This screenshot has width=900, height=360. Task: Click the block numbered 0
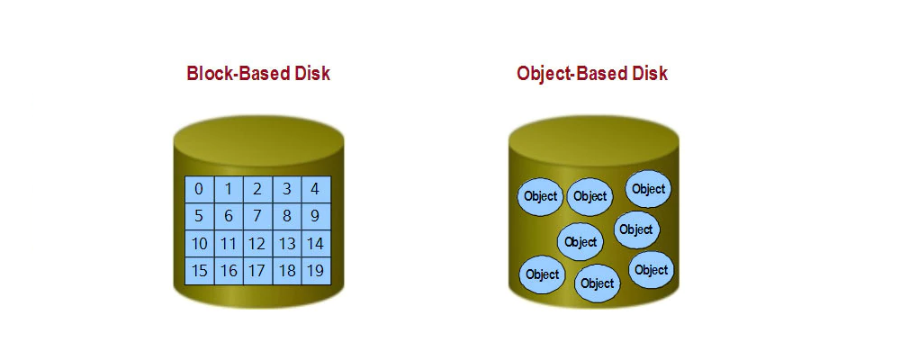199,189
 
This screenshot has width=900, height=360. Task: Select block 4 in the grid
316,189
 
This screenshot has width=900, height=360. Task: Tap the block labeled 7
257,217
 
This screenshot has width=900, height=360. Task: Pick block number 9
316,217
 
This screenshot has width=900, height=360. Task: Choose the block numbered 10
199,243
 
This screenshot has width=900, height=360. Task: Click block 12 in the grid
257,243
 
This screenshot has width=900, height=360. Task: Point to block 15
199,271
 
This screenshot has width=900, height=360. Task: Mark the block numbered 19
316,271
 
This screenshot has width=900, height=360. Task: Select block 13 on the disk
287,243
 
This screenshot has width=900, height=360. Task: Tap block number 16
229,271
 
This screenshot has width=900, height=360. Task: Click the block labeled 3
287,189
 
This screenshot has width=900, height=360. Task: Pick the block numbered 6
229,217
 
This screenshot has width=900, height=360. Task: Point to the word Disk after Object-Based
649,74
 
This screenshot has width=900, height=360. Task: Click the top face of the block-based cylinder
258,141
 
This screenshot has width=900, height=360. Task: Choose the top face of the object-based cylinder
593,141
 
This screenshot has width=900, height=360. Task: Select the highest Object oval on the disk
648,189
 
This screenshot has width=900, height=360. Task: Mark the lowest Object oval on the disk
597,283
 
